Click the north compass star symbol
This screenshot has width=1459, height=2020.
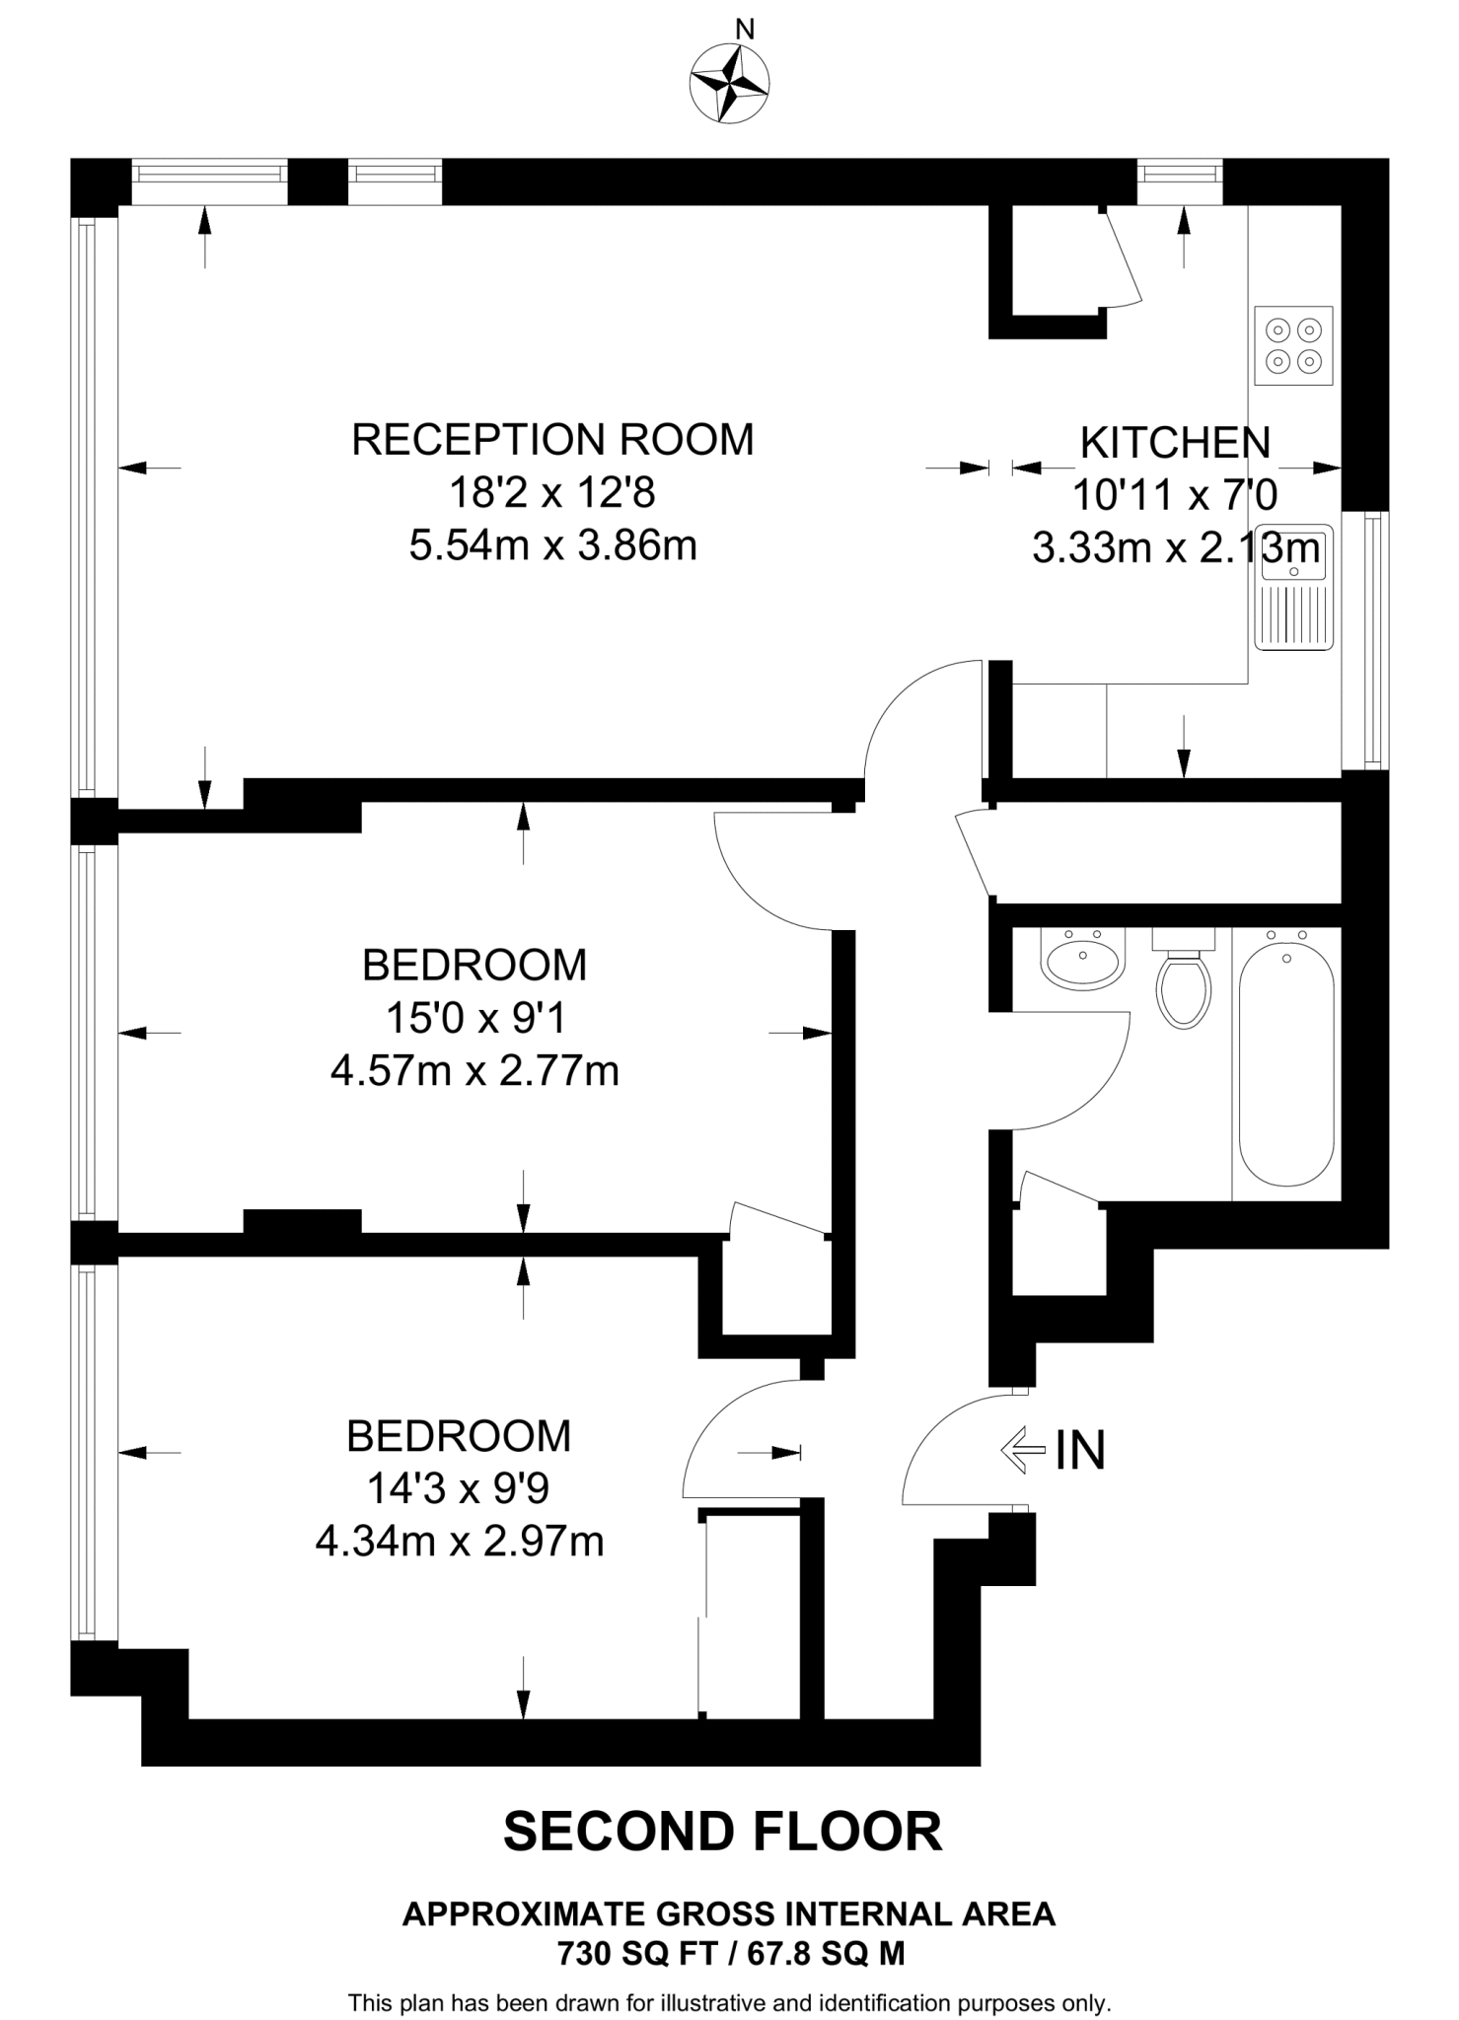[729, 84]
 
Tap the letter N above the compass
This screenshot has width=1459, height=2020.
[746, 31]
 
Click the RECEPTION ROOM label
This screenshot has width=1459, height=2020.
[552, 440]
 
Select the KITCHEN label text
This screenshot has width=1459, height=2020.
[1175, 443]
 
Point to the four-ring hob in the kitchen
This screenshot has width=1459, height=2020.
[1293, 346]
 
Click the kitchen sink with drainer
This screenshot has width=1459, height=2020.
[1293, 590]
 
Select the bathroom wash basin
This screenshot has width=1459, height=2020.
[1083, 960]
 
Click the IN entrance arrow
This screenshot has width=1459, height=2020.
[1024, 1451]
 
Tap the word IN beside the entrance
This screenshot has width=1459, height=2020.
[1080, 1451]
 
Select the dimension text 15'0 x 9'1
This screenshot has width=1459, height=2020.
[475, 1019]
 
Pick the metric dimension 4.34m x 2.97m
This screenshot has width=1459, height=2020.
[460, 1541]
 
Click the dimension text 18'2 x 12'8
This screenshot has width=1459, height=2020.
[552, 492]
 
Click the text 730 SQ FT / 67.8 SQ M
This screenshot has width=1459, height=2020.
[730, 1953]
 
